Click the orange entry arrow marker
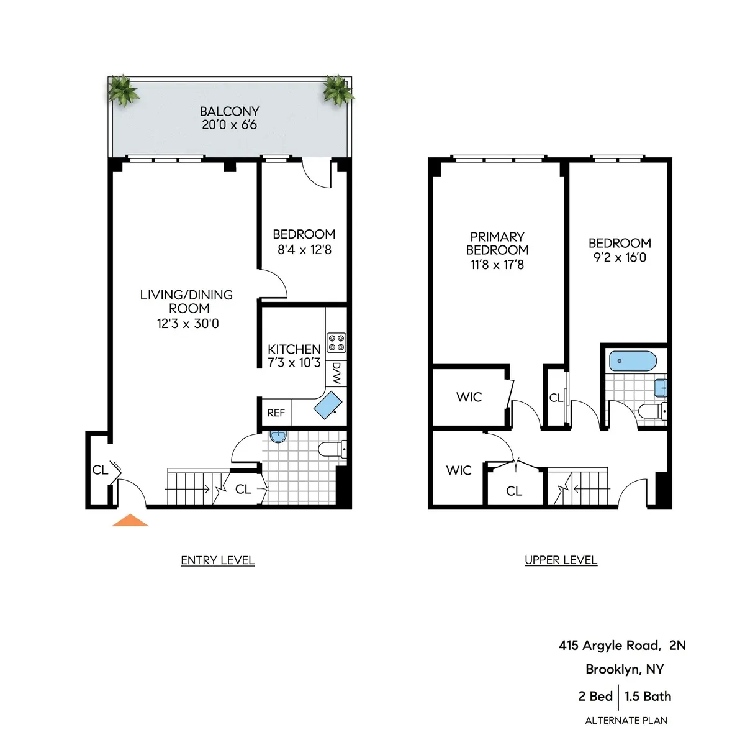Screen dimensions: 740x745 coord(130,521)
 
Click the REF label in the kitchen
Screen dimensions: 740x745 coord(276,413)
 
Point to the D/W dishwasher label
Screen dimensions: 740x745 coord(336,373)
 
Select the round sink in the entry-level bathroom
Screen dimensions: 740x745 coord(278,437)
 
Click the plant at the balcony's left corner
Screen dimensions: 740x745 coord(122,91)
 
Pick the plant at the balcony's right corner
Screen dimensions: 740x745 coord(338,91)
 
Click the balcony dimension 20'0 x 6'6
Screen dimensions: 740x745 coord(229,125)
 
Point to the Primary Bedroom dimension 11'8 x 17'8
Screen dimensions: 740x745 coord(497,265)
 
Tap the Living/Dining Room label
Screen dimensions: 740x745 coord(186,301)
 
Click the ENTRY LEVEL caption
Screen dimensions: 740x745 coord(217,560)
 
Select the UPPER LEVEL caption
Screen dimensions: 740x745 coord(561,560)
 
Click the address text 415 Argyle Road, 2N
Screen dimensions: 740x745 coord(622,646)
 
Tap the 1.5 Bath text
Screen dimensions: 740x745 coord(648,697)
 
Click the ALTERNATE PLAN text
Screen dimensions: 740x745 coord(626,721)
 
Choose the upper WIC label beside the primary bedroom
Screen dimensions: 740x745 coord(469,397)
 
